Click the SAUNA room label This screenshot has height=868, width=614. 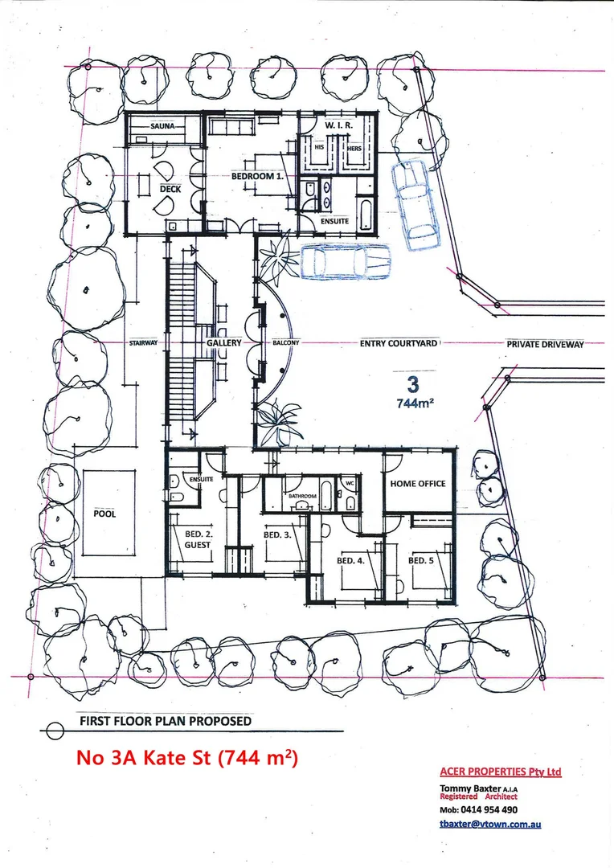[x=162, y=126]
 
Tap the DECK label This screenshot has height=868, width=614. [x=170, y=190]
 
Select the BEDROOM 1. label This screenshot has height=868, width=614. [x=257, y=177]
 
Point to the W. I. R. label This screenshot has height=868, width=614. [x=338, y=125]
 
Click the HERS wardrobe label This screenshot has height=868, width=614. [x=354, y=149]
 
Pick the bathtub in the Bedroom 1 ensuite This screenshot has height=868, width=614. [x=366, y=215]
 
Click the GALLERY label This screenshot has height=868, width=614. [x=224, y=343]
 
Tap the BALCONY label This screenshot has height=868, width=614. [x=285, y=343]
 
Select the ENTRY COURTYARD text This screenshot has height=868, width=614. [x=399, y=344]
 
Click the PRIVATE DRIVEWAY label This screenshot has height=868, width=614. [x=546, y=344]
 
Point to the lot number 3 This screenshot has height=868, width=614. [x=412, y=384]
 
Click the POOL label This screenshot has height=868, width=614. [x=104, y=514]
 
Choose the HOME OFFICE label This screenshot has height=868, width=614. [x=417, y=484]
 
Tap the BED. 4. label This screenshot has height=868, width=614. [x=350, y=561]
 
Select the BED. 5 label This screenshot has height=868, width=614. [x=421, y=561]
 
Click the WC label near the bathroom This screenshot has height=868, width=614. [x=350, y=483]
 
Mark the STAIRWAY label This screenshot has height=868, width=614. [x=143, y=343]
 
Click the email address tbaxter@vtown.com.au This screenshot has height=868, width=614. [x=490, y=824]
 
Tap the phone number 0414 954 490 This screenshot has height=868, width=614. [x=489, y=810]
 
